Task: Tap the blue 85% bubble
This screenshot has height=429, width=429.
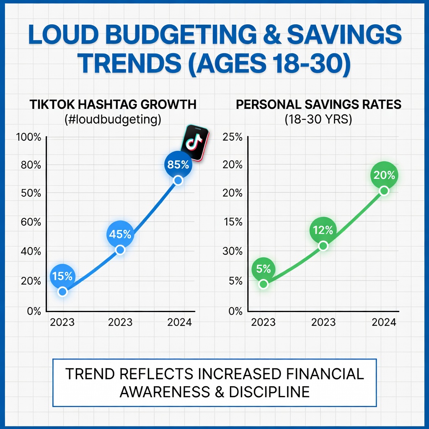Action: coord(178,165)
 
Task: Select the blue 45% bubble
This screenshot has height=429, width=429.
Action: coord(120,234)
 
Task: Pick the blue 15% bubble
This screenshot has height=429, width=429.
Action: coord(63,276)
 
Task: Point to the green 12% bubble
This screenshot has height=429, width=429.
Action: coord(323,230)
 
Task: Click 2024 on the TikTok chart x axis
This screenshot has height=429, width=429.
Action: coord(179,322)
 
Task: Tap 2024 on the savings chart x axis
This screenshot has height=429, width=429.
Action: coord(384,322)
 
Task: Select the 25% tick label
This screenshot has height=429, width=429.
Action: coord(232,137)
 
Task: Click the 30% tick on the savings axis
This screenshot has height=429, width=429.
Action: coord(232,251)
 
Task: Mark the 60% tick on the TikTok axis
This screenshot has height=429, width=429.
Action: coord(31,222)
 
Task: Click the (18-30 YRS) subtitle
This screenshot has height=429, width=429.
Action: coord(318,119)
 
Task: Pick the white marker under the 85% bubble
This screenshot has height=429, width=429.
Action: coord(178,181)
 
